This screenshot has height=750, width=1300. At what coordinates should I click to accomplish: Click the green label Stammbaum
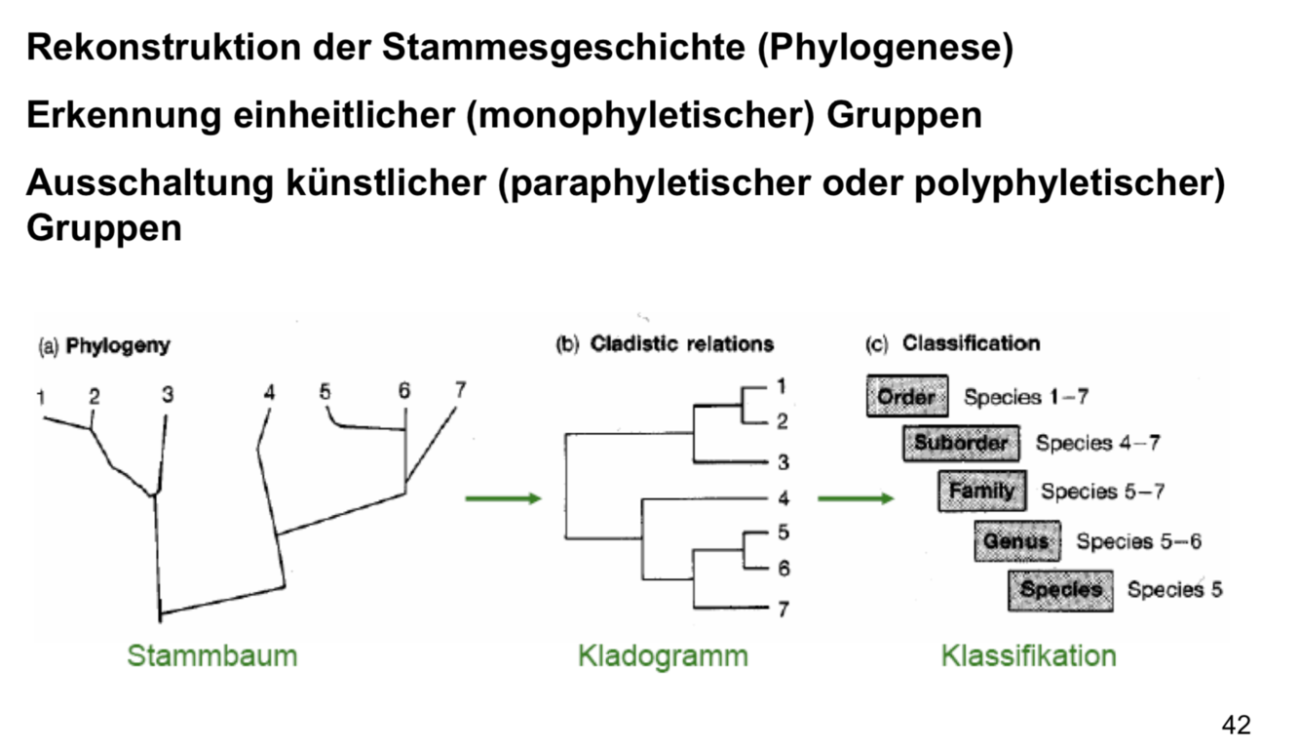(211, 655)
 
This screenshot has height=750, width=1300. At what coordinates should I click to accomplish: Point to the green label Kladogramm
(663, 655)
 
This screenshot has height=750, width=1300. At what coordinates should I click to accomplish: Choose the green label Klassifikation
(1028, 655)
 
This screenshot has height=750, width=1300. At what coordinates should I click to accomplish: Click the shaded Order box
(906, 396)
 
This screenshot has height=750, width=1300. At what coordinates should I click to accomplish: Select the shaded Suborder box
(961, 443)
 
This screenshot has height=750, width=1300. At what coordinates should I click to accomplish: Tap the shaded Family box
(981, 491)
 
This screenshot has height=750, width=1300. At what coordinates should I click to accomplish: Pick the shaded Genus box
(1016, 540)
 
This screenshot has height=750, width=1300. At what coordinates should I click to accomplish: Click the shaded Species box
(1060, 589)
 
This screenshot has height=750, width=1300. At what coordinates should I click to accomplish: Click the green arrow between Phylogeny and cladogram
(503, 499)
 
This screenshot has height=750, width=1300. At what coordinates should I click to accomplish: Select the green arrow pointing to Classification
(855, 499)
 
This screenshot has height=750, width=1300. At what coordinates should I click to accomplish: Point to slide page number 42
(1236, 725)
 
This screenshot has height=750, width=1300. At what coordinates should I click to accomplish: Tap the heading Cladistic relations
(681, 344)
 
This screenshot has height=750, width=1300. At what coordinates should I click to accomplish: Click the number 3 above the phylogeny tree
(168, 394)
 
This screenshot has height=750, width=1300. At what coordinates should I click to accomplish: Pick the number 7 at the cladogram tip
(784, 611)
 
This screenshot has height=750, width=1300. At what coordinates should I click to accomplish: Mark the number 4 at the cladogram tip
(784, 499)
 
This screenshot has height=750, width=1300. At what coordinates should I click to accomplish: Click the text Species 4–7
(1097, 444)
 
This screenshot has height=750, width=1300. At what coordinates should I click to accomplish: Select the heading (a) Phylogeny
(103, 345)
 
